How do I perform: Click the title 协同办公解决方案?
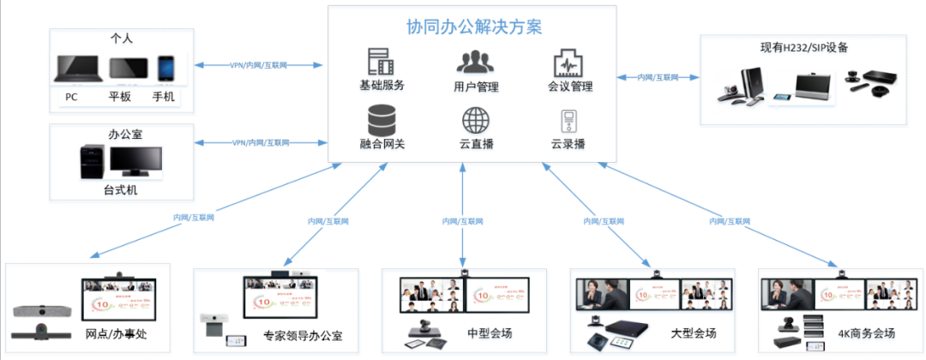pyautogui.click(x=474, y=27)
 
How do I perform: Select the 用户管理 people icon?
pyautogui.click(x=475, y=62)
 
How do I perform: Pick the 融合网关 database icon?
pyautogui.click(x=382, y=117)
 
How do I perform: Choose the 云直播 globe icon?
pyautogui.click(x=476, y=119)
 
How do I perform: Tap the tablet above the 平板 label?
pyautogui.click(x=127, y=71)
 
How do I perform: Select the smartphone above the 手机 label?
pyautogui.click(x=165, y=70)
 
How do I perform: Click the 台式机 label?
pyautogui.click(x=120, y=189)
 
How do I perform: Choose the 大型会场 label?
pyautogui.click(x=694, y=333)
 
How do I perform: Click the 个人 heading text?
pyautogui.click(x=122, y=39)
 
